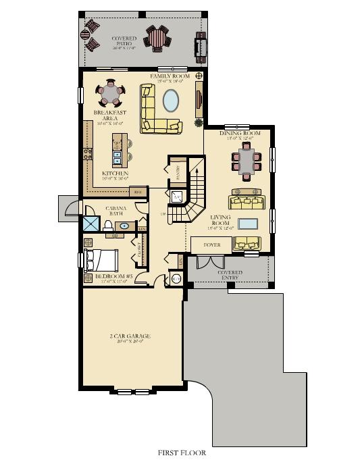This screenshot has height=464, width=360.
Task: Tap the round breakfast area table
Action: pos(109,91)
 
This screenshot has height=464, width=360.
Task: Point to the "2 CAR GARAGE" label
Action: pos(130,336)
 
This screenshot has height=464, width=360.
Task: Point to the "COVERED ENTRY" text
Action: pos(230,275)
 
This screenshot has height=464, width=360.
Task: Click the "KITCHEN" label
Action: pos(115,173)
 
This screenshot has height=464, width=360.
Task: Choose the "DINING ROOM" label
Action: pos(240,134)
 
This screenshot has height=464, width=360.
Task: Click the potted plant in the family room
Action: pos(199,123)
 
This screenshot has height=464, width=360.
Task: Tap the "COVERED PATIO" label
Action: pos(124,43)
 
